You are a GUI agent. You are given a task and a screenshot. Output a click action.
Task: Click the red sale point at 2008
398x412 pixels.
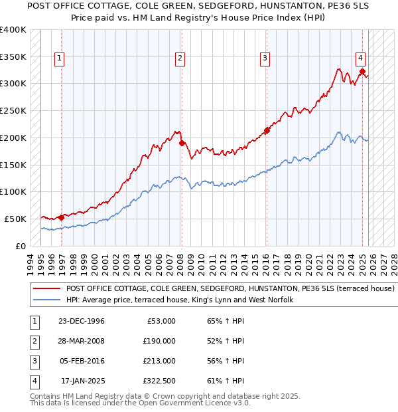(x=182, y=142)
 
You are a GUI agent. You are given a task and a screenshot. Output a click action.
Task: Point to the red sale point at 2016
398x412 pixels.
(x=267, y=130)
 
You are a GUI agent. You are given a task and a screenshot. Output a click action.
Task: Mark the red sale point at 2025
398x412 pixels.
(x=362, y=71)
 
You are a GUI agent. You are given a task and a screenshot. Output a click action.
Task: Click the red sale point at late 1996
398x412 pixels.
(x=62, y=217)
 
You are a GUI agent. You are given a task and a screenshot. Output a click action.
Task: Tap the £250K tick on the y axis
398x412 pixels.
(x=13, y=110)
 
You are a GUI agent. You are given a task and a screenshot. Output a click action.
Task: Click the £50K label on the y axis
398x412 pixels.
(x=15, y=219)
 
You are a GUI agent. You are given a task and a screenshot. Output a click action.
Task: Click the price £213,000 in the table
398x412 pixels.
(x=159, y=361)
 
